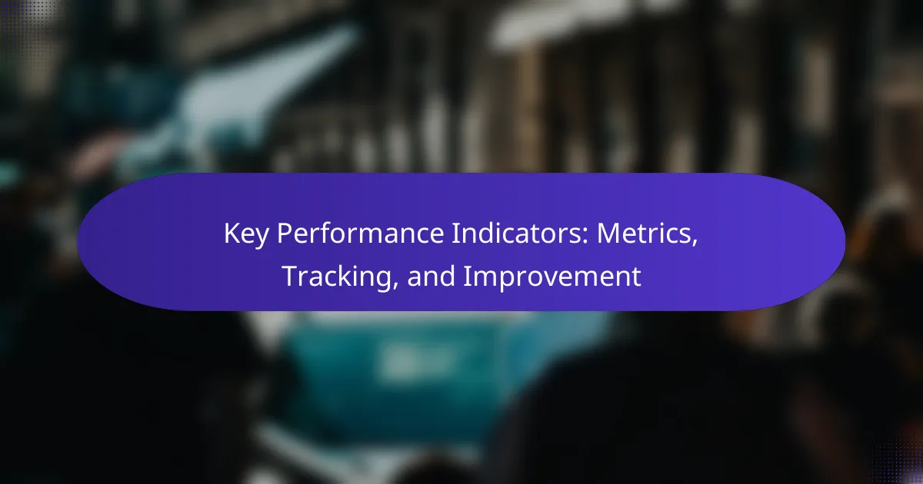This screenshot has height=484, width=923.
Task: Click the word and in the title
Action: pyautogui.click(x=431, y=276)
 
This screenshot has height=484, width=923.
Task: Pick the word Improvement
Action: pyautogui.click(x=552, y=277)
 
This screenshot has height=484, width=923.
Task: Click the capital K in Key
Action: pyautogui.click(x=232, y=234)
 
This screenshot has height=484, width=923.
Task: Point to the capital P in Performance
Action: pyautogui.click(x=285, y=234)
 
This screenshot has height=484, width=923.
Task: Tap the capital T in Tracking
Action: pyautogui.click(x=291, y=276)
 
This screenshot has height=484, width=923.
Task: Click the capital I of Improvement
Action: pyautogui.click(x=466, y=276)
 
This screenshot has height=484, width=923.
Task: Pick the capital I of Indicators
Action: pyautogui.click(x=455, y=234)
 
